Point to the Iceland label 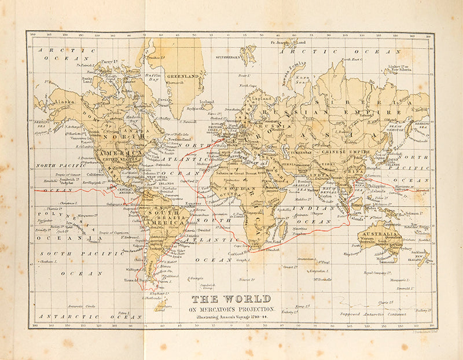coord(207,102)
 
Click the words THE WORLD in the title coord(231,299)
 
